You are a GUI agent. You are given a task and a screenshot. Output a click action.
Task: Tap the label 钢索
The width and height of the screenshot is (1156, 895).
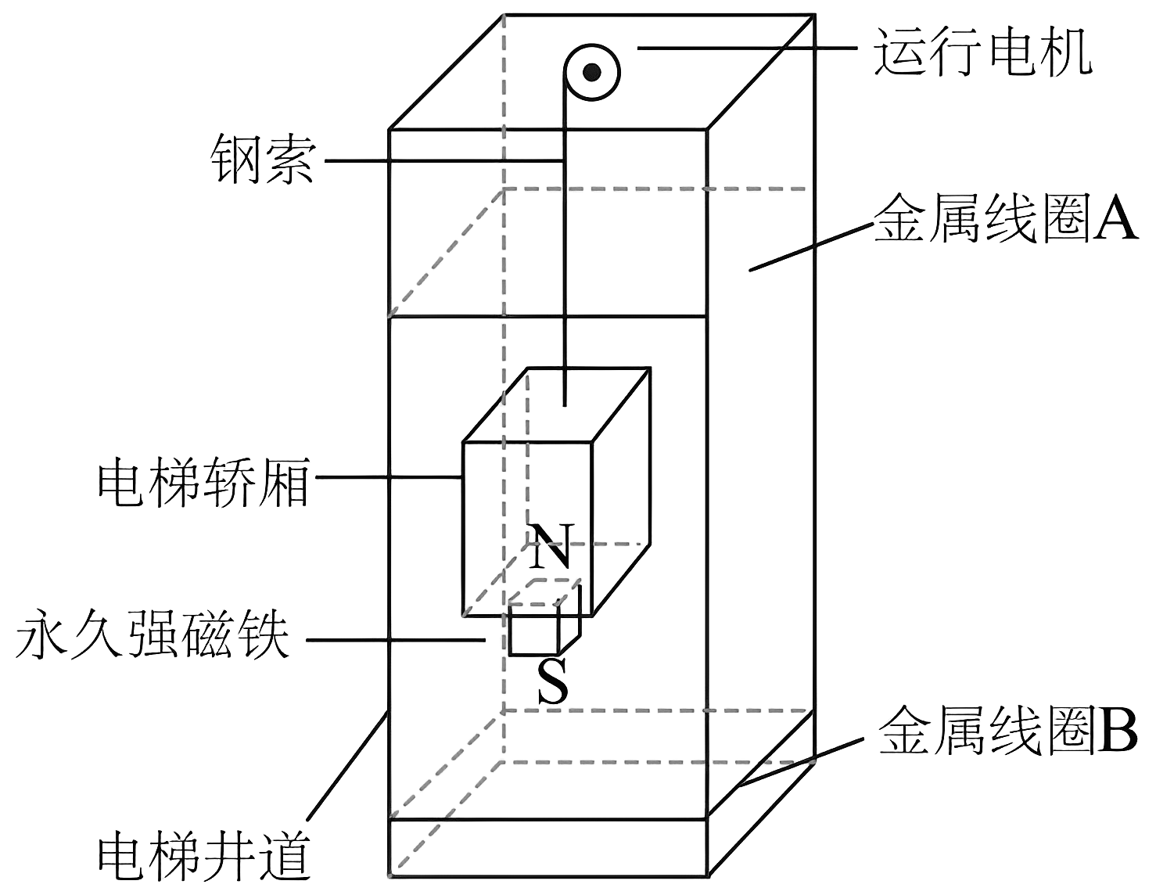coord(263,161)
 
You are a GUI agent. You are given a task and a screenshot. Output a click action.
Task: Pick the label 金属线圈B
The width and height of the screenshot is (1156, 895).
coord(1007,732)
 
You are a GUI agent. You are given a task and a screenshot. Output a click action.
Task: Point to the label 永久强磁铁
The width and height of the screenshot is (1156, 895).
coord(152,637)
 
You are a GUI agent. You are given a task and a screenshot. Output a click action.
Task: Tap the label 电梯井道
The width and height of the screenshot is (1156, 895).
coord(203,856)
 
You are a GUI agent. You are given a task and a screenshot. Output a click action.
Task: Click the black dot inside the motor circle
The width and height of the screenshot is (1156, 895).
coord(593,73)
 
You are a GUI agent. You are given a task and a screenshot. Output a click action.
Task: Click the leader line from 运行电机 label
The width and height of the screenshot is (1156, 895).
coord(747,49)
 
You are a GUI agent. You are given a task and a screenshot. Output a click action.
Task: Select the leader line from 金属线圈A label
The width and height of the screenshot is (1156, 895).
coord(810,247)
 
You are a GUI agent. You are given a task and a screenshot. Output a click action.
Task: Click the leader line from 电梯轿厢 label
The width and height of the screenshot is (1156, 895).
coord(387,477)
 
